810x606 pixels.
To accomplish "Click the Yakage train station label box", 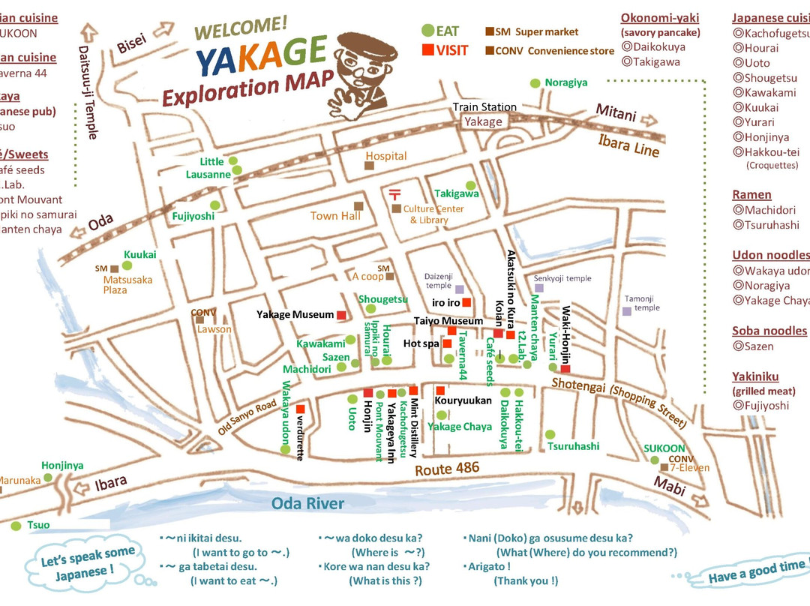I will coord(483,121).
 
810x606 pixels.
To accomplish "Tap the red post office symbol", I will coord(395,194).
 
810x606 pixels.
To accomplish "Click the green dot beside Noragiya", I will coord(535,83).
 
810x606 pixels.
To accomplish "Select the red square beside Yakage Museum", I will coord(341,315).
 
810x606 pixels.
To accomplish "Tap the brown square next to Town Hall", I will coord(358,205).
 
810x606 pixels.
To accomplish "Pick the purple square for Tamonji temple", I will coord(627,311).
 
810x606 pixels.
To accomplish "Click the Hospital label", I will coord(385,156).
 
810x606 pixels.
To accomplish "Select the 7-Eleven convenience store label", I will coord(689,468).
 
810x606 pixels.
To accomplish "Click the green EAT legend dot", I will coord(427,31).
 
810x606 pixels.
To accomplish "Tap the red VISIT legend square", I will coord(427,50).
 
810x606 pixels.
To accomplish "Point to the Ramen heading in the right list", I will coord(751,195).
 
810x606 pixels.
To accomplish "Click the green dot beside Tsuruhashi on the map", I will coord(550,434).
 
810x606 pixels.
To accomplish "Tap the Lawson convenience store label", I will coord(215,329).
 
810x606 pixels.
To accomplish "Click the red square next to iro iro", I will coord(466,302).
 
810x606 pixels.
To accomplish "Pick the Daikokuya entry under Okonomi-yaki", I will coord(656,46).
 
